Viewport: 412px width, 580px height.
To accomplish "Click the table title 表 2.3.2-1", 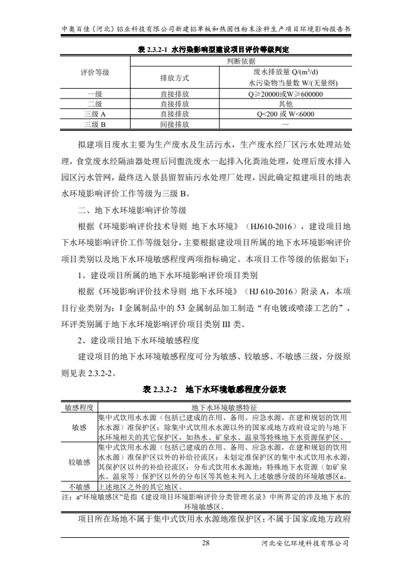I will pos(206,48).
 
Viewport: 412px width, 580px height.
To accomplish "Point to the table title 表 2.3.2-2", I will pos(206,390).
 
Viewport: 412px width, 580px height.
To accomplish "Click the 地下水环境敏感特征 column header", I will pos(224,407).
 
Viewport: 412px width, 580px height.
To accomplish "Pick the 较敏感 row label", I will pos(79,462).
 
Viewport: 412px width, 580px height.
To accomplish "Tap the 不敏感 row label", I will pos(79,486).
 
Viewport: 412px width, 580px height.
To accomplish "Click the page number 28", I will pos(206,543).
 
